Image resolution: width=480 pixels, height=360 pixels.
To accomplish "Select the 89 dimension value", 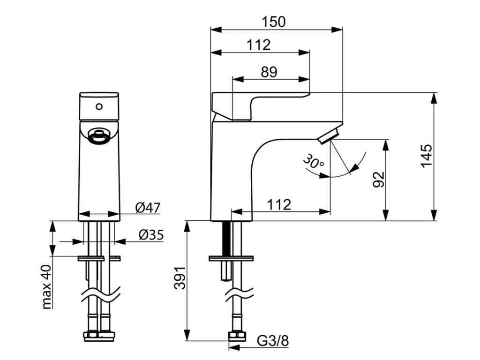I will [269, 72].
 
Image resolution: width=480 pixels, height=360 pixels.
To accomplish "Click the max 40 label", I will [46, 287].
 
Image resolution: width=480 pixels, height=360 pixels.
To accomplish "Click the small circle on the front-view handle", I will [99, 106].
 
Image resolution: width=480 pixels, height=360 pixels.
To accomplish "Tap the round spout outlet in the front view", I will [99, 137].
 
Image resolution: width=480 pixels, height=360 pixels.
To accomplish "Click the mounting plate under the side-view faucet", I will [231, 258].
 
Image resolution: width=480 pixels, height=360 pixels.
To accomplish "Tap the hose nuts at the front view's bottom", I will [99, 336].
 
